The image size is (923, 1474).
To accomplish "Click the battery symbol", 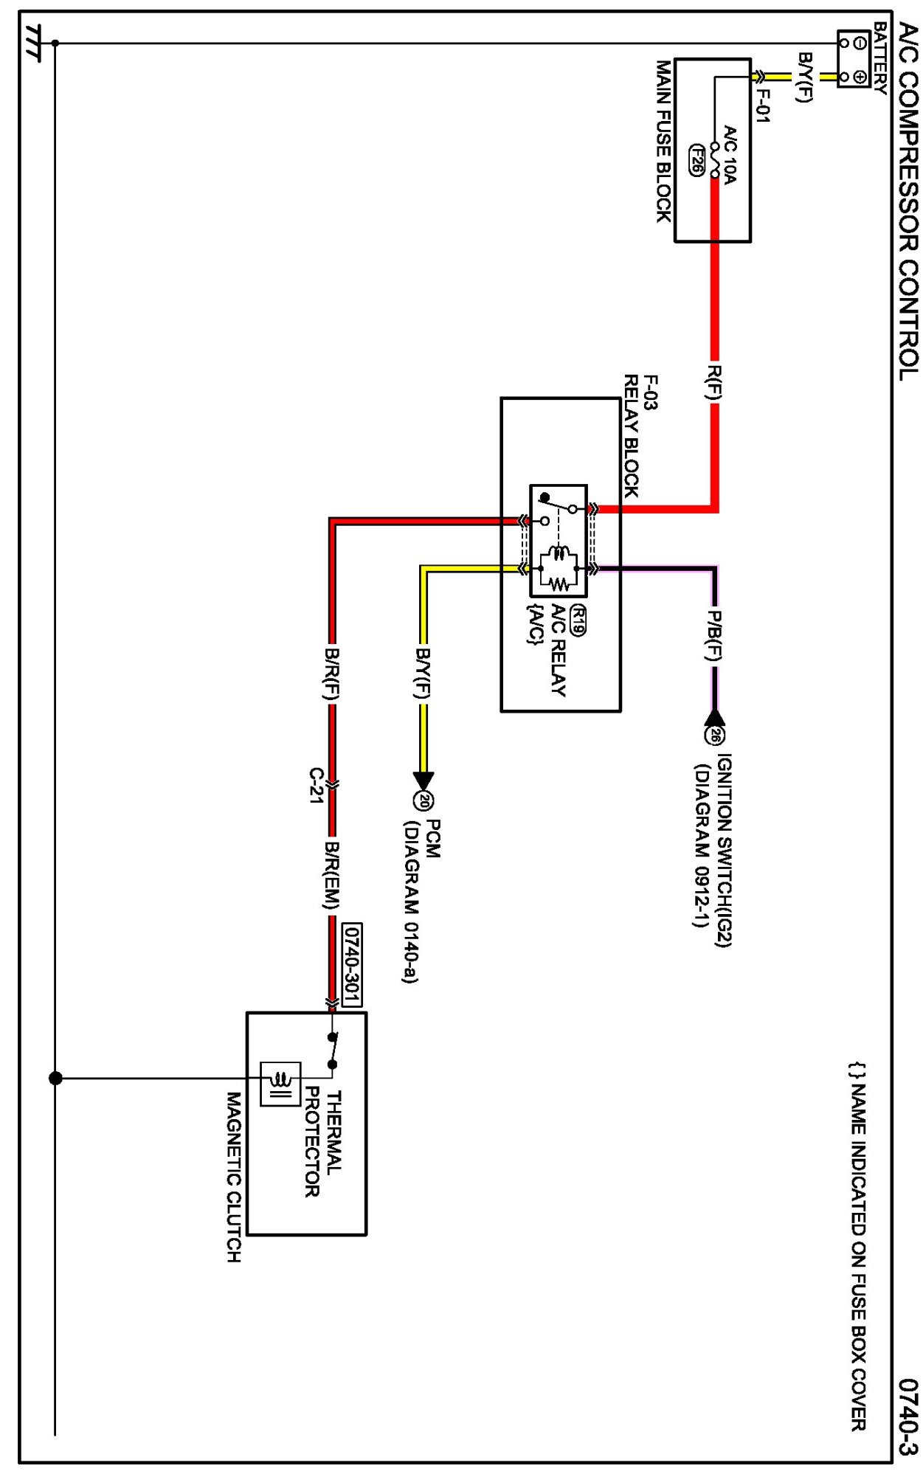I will (853, 59).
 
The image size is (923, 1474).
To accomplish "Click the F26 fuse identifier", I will (696, 160).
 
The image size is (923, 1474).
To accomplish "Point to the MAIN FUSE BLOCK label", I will (664, 141).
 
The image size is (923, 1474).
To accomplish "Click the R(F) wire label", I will (713, 382).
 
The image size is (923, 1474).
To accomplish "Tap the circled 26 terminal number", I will (714, 735).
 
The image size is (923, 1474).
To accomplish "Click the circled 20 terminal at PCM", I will (424, 800).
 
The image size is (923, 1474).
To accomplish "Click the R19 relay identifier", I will (578, 620).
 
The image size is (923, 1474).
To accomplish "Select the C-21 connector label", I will (316, 785).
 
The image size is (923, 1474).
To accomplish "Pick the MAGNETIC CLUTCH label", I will (233, 1177).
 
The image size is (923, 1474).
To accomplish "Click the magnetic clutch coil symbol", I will (280, 1084).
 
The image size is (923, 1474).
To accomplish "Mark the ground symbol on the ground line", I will (34, 43).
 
